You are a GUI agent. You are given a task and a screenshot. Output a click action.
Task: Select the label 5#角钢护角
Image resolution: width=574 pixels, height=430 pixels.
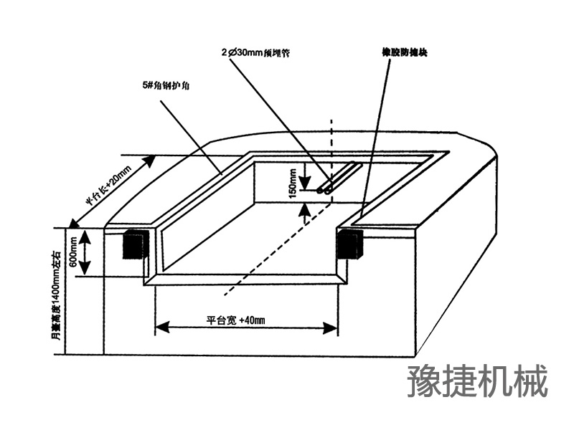coord(166,85)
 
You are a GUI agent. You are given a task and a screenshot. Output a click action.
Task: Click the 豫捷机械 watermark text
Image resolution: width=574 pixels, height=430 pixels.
coord(477,381)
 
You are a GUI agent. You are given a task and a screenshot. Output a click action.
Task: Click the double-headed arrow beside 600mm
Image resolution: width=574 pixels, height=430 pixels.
coord(85,253)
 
